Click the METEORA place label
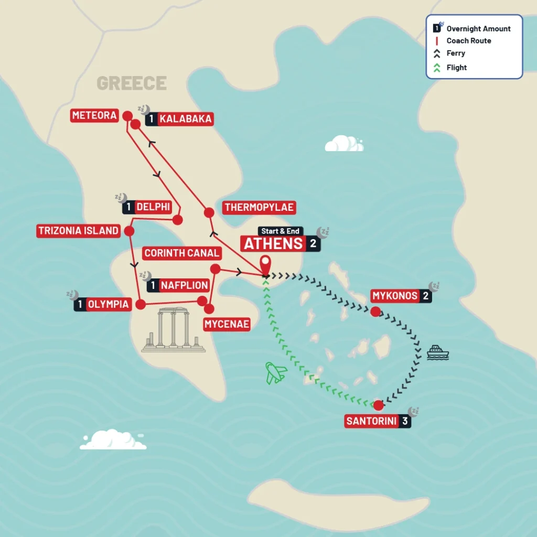pos(94,115)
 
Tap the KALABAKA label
pos(185,119)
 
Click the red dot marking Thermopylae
pos(209,212)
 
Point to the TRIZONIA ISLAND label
pos(78,231)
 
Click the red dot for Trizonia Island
pos(128,231)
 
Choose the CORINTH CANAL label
pos(181,253)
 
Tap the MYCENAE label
pos(227,325)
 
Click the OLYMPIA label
pos(108,304)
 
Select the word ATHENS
pos(274,244)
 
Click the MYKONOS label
pos(395,296)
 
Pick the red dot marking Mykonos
pos(375,312)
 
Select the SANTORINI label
pos(371,421)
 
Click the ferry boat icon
pos(438,352)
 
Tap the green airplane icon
pos(276,373)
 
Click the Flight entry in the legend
pos(456,67)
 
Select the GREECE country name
pos(132,83)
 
